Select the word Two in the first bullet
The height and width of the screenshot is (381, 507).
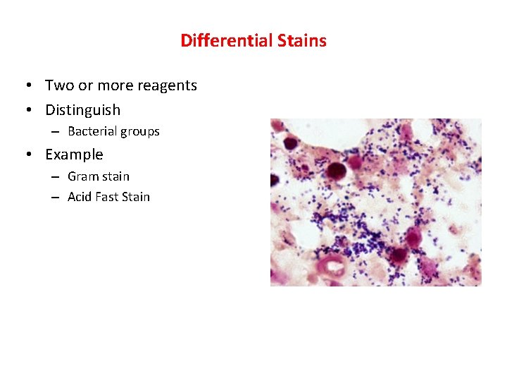click(58, 86)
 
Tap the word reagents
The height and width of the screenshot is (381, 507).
click(166, 86)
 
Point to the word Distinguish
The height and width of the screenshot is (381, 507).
click(82, 110)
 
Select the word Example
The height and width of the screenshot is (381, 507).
click(74, 155)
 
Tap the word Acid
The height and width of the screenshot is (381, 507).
click(80, 197)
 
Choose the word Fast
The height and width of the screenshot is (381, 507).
click(106, 197)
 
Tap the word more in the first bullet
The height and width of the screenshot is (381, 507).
click(119, 86)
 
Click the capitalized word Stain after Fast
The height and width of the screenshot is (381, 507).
click(136, 197)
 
